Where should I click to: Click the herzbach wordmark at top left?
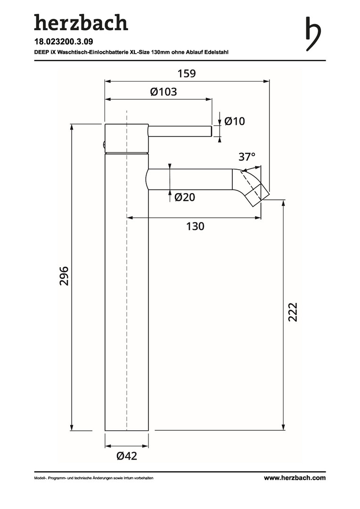pos(81,23)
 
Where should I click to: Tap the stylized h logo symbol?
pos(313,34)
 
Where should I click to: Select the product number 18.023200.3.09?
pos(61,41)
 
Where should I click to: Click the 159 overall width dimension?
pos(187,74)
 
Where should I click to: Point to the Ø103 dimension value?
pos(164,92)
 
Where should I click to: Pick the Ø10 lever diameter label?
pos(234,122)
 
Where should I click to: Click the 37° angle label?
pos(247,157)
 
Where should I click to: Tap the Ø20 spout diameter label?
pos(185,197)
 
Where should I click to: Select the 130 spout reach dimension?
pos(195,226)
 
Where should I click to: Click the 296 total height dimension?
pos(64,276)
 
